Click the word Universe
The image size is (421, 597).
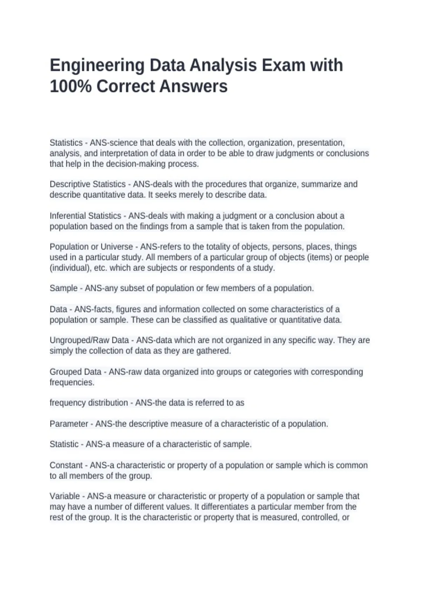click(x=117, y=247)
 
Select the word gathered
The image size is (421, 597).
click(x=215, y=351)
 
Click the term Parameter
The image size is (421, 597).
click(x=69, y=424)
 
